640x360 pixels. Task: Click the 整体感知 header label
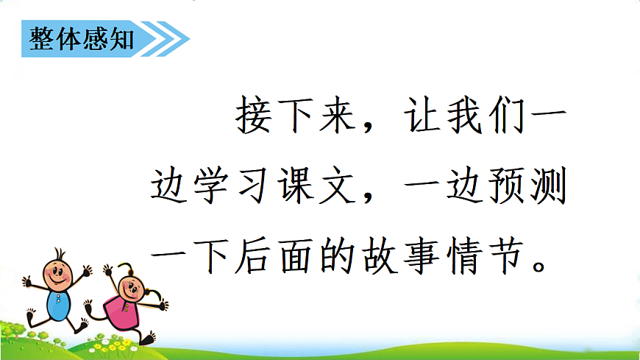pos(81,39)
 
